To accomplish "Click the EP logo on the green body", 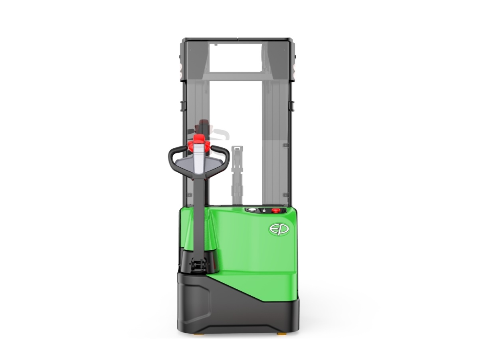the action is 278,229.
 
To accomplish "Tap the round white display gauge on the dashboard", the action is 251,210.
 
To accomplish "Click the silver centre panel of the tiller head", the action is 199,158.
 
